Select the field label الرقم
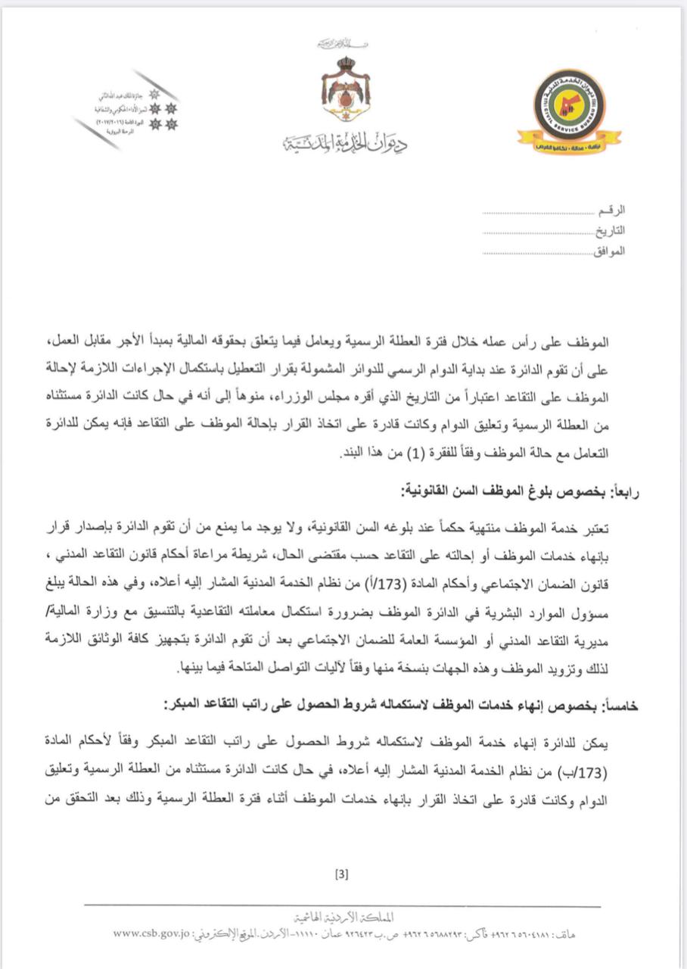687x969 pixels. point(614,210)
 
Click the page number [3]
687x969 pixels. point(341,875)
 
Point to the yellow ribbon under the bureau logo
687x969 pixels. point(569,141)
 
